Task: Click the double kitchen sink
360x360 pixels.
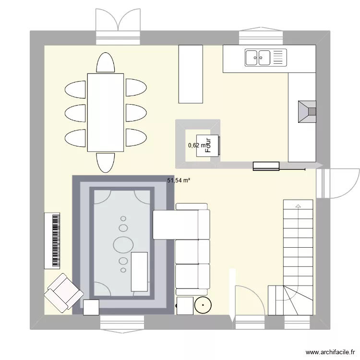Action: pos(259,58)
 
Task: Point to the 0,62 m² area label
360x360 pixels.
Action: pos(196,145)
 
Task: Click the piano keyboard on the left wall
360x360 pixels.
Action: pos(52,240)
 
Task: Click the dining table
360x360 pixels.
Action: pos(106,112)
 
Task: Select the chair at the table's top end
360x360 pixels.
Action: pos(106,63)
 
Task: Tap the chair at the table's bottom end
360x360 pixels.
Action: pos(106,162)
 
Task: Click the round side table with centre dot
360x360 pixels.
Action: pos(204,305)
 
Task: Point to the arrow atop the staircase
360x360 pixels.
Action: pos(299,205)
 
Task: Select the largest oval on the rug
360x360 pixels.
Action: pos(123,244)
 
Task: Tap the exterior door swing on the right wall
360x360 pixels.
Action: pos(341,182)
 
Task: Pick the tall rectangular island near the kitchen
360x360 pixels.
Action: pos(191,74)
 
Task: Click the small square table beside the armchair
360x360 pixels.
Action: pos(91,307)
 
